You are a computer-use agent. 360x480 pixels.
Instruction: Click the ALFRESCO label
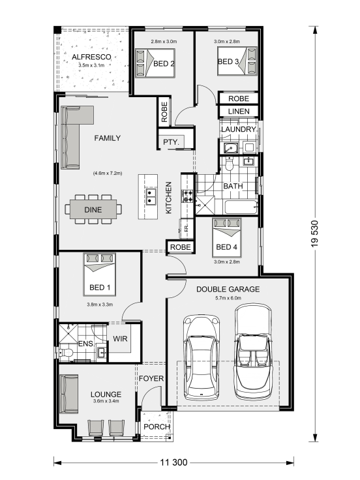click(x=91, y=57)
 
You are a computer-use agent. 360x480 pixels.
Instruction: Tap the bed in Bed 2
click(x=155, y=63)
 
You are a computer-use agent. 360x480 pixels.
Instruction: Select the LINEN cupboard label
click(x=239, y=112)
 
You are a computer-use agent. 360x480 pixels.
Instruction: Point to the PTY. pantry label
click(x=171, y=142)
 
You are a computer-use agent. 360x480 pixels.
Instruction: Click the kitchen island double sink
click(x=150, y=196)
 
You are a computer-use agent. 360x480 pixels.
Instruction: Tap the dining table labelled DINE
click(x=93, y=209)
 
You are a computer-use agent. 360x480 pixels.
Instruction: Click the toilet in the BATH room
click(x=229, y=164)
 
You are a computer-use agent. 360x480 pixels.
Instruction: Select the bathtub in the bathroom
click(x=241, y=207)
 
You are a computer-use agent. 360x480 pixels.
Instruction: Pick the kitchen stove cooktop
click(x=187, y=196)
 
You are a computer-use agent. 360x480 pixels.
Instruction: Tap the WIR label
click(x=120, y=339)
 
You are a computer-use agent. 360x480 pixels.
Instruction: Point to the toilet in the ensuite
click(x=65, y=353)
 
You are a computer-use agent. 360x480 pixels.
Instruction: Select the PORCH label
click(x=157, y=427)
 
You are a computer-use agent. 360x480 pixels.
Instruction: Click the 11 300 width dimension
click(x=173, y=462)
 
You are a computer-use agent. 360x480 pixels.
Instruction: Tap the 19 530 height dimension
click(x=315, y=233)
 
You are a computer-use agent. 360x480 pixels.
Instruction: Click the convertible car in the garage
click(x=253, y=352)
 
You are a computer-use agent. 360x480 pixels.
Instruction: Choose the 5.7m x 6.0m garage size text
click(x=228, y=298)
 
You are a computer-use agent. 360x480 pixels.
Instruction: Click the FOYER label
click(x=151, y=379)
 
